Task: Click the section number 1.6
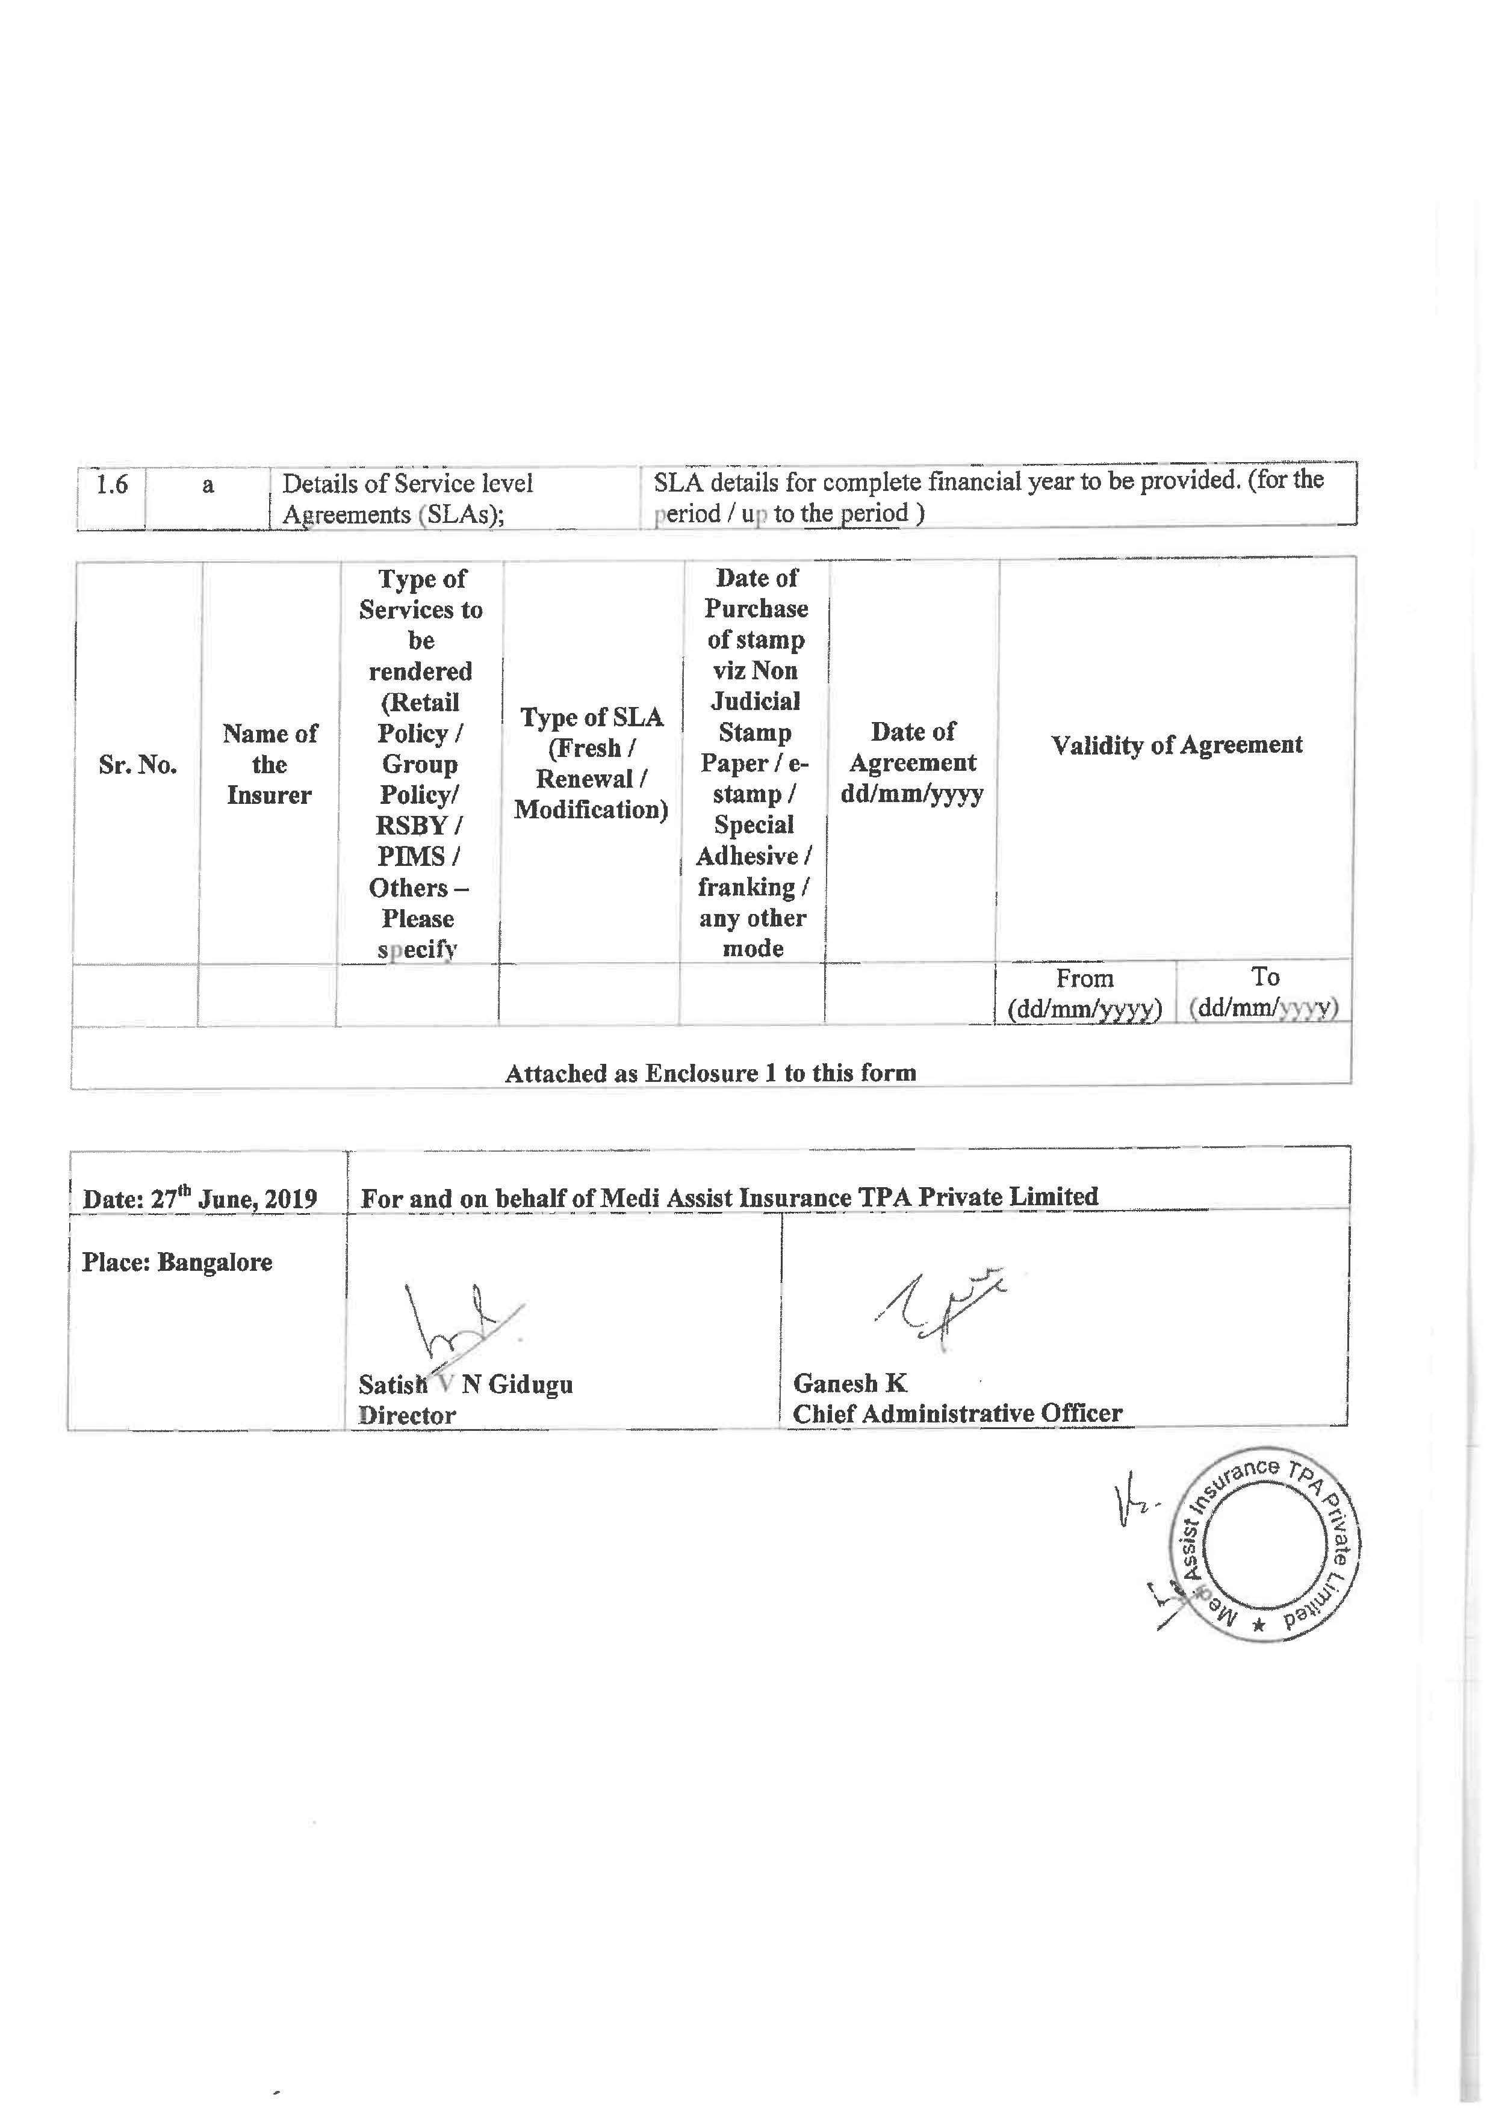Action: pyautogui.click(x=112, y=484)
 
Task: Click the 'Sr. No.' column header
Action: pyautogui.click(x=138, y=765)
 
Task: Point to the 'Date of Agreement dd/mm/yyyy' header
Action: pyautogui.click(x=912, y=763)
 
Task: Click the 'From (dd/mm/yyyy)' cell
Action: pyautogui.click(x=1085, y=993)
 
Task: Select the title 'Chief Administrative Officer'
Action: pyautogui.click(x=957, y=1413)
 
